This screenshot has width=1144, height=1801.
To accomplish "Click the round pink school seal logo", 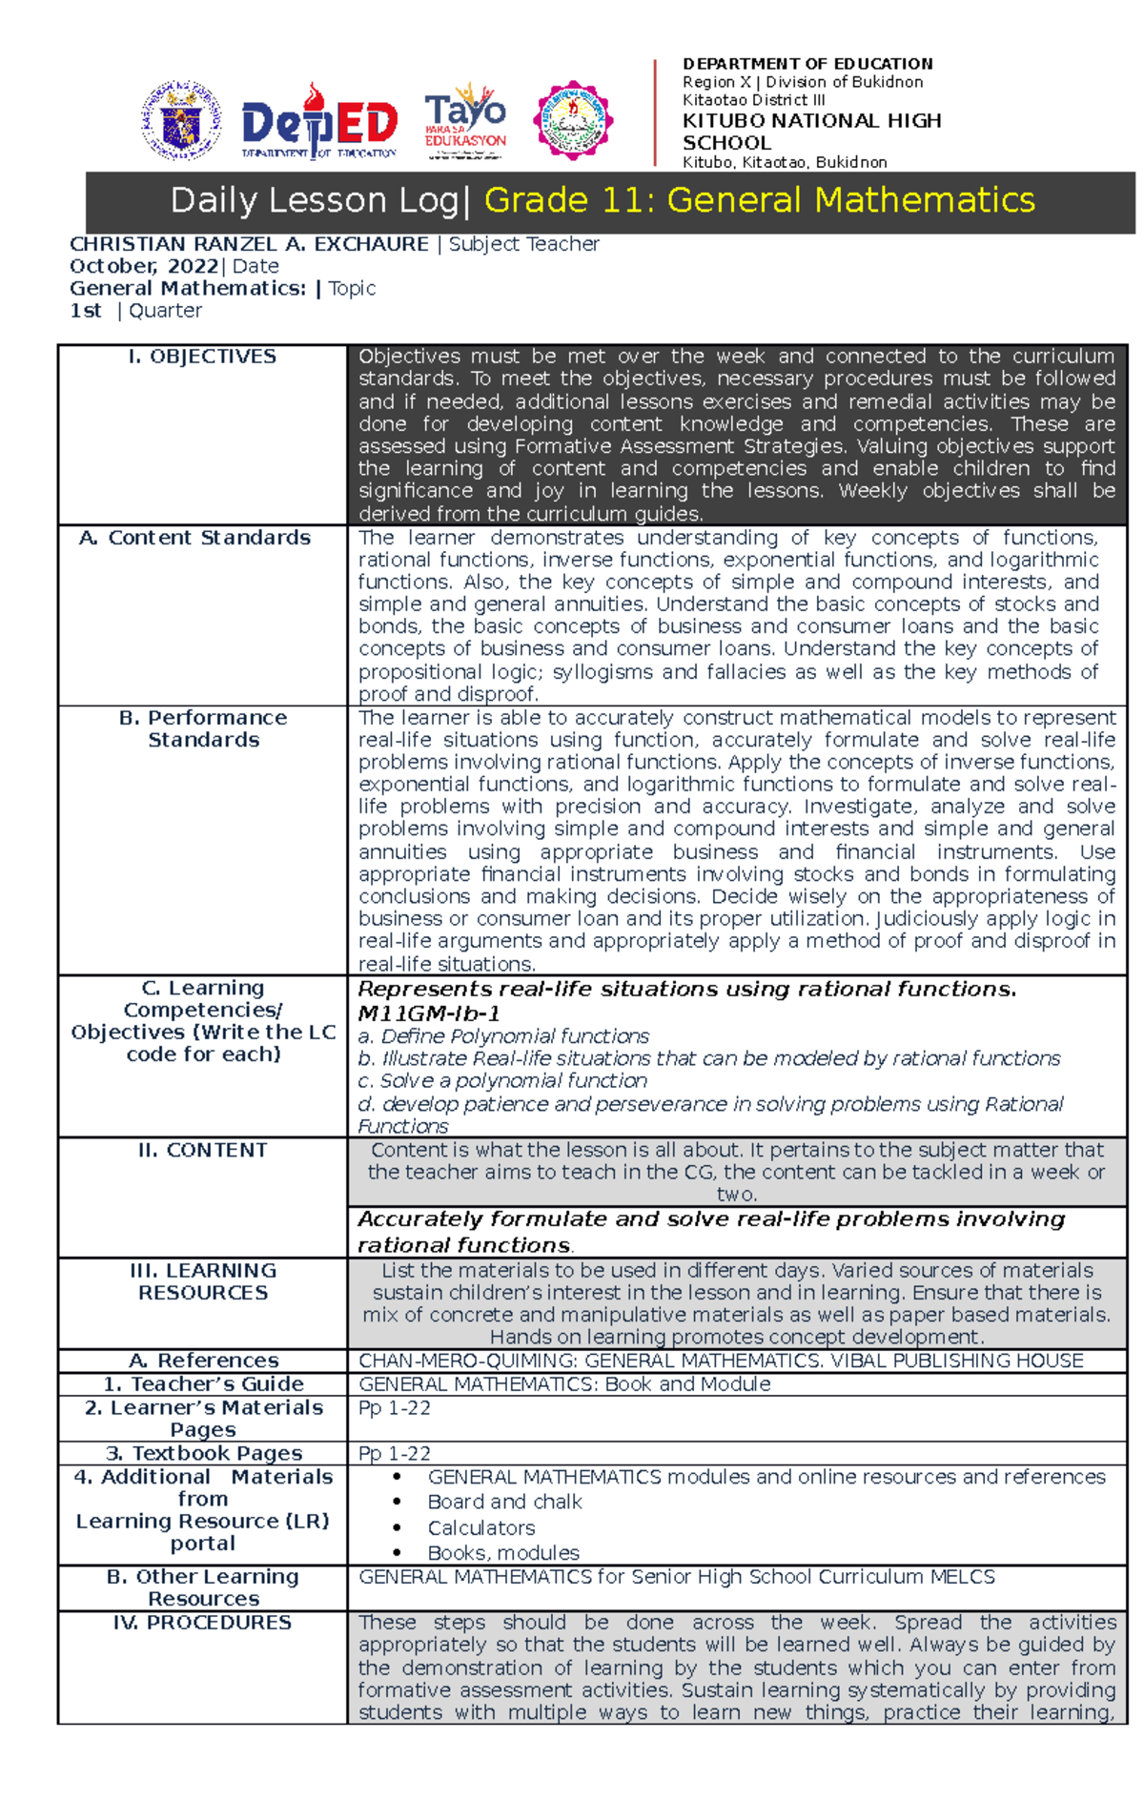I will [x=572, y=120].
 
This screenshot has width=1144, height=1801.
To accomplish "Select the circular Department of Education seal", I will [x=181, y=120].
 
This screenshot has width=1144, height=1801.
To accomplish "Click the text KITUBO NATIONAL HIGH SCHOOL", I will [x=810, y=132].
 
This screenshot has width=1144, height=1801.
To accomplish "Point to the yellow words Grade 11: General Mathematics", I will [x=759, y=201].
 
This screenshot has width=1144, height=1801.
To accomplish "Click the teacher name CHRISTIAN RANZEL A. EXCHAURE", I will [x=249, y=244].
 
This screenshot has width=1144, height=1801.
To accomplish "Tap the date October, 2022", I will [x=143, y=266].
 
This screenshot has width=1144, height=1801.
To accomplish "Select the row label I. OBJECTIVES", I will [x=202, y=357].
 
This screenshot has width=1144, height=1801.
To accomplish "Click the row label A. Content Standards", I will [x=195, y=538].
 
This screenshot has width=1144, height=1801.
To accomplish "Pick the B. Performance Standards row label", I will [x=203, y=728].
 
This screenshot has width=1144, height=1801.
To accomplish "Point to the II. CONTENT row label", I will [x=203, y=1151].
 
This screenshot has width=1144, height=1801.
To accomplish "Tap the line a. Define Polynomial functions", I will [x=503, y=1036].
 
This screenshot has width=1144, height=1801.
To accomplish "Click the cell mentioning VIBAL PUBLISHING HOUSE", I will [x=721, y=1361].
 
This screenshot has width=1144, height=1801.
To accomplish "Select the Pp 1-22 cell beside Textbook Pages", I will [x=395, y=1454].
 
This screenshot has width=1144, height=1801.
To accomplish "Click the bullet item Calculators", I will [x=480, y=1528].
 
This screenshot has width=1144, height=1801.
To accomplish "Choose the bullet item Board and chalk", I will [x=504, y=1503].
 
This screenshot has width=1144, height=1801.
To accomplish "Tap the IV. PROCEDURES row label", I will [x=202, y=1623].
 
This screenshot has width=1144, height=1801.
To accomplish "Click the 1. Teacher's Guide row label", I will [x=203, y=1384].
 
